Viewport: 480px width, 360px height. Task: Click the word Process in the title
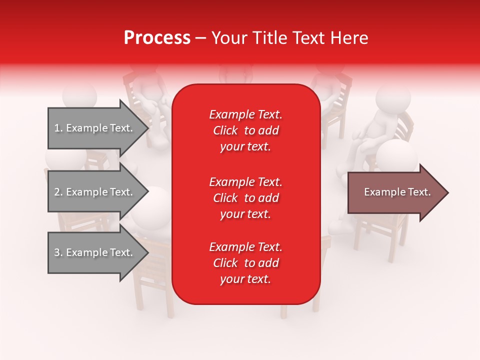157,38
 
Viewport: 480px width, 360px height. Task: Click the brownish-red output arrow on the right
395,192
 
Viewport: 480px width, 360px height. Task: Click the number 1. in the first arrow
58,128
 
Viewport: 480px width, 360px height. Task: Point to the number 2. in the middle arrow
58,192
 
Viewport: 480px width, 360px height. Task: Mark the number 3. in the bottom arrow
58,253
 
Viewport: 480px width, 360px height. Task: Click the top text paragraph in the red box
245,130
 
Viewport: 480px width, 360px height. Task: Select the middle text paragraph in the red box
245,198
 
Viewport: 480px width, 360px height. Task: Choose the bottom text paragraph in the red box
245,263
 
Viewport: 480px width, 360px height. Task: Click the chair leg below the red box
284,311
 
